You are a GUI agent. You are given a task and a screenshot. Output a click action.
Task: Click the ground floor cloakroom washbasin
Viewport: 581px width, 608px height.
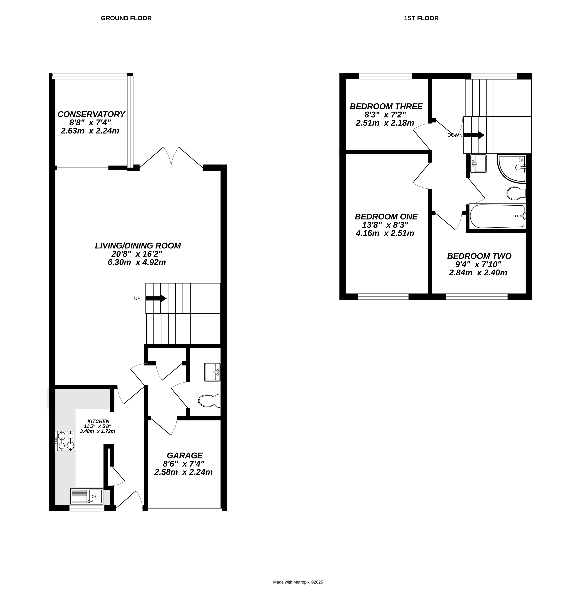pyautogui.click(x=212, y=372)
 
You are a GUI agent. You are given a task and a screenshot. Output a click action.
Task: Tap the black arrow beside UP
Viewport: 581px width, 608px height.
pyautogui.click(x=156, y=298)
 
